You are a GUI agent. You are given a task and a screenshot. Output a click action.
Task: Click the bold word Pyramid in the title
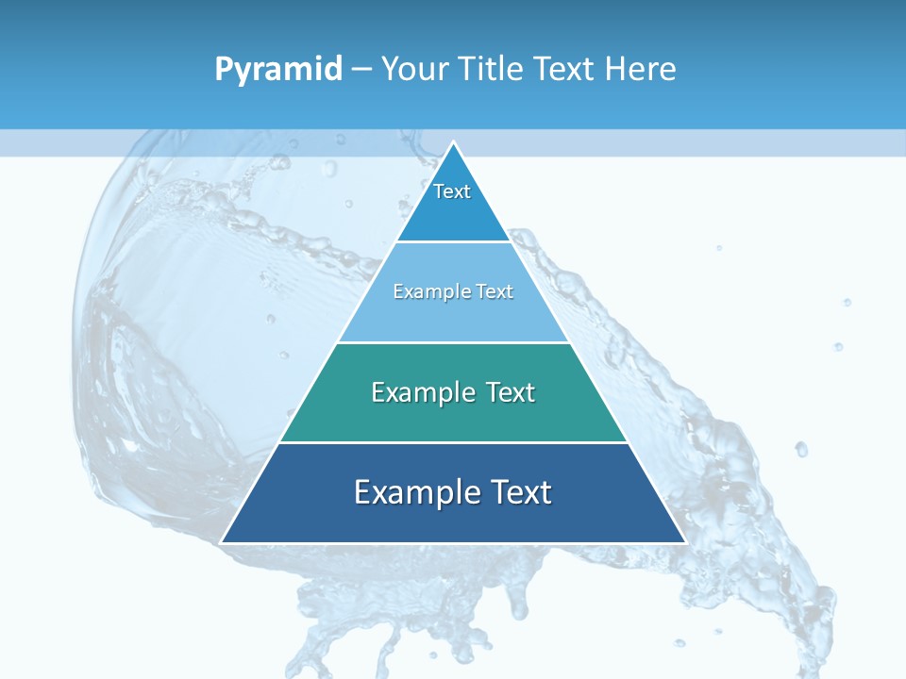(278, 70)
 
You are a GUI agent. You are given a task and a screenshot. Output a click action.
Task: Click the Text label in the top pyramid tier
(452, 191)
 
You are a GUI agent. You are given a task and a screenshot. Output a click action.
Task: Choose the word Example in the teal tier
(420, 392)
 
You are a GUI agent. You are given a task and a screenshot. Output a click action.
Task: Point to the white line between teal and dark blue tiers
(453, 442)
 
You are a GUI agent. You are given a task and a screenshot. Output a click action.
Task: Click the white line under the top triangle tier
(453, 241)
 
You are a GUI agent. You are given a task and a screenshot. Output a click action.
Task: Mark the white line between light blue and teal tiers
(453, 342)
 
